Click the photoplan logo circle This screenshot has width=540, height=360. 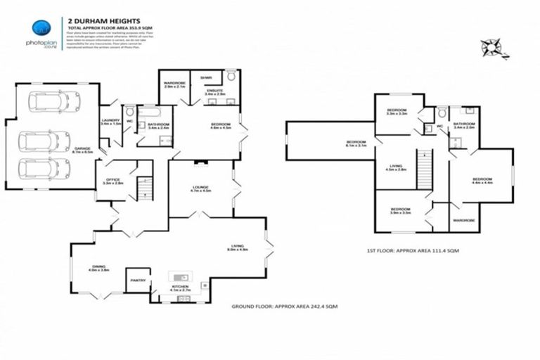click(41, 28)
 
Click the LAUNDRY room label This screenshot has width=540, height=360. click(110, 120)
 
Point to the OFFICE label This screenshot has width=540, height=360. click(114, 179)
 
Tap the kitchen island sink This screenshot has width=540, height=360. click(181, 276)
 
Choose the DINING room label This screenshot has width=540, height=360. click(98, 266)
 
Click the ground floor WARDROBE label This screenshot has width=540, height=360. click(174, 84)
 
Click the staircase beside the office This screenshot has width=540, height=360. click(144, 187)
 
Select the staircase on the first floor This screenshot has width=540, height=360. click(424, 169)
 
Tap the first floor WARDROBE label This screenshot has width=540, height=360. click(464, 220)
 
